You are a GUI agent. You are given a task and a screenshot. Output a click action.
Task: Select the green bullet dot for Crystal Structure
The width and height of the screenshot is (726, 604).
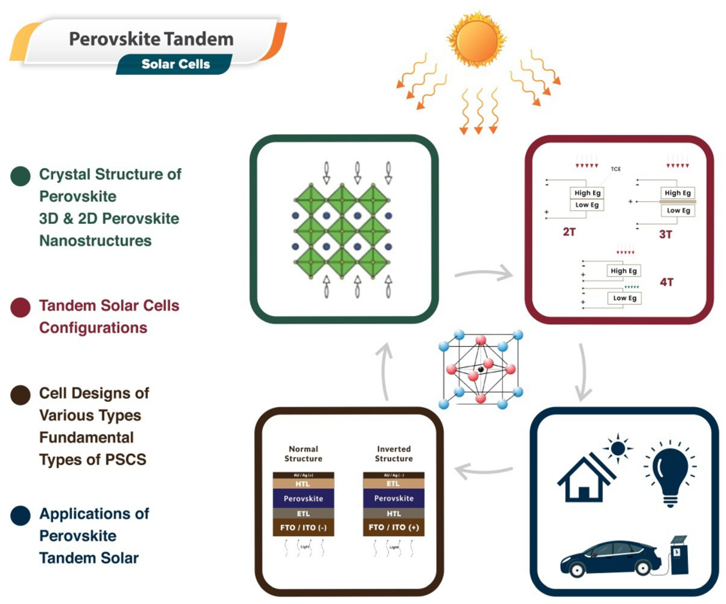(x=20, y=176)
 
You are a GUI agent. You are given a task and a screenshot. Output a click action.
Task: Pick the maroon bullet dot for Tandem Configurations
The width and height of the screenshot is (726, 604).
(x=20, y=307)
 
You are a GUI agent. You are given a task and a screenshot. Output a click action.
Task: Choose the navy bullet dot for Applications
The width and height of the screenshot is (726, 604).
(x=20, y=515)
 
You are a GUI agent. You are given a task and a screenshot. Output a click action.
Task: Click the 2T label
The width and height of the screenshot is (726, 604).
(x=569, y=232)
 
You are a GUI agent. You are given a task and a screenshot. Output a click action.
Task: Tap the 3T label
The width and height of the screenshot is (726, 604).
(x=665, y=235)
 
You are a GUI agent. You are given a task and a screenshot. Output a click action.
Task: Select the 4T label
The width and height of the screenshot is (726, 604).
(x=666, y=282)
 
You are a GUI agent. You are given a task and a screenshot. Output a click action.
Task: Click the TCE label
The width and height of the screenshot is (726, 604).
(x=615, y=169)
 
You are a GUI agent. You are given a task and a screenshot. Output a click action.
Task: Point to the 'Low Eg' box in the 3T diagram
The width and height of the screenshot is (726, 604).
(x=678, y=210)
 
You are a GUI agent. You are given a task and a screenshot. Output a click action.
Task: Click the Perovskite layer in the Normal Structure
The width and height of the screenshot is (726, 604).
(x=303, y=499)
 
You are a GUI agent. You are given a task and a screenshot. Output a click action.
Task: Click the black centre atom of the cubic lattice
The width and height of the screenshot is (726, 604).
(x=481, y=369)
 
